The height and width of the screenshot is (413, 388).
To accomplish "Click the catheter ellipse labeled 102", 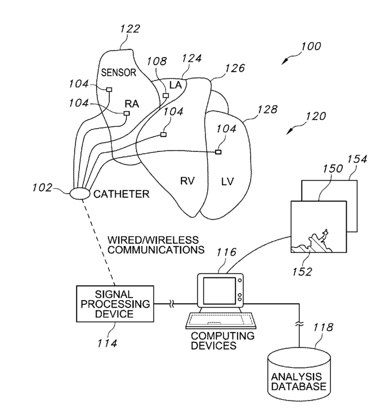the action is pos(80,194).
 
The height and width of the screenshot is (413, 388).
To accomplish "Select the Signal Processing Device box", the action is pos(115,304).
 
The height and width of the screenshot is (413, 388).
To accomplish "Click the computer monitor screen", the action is pos(219,290).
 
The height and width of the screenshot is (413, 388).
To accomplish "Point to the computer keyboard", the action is pos(221,320).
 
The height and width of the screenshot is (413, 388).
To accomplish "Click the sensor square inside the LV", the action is pos(218,152).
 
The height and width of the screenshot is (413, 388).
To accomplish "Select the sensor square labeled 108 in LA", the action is pos(166,96).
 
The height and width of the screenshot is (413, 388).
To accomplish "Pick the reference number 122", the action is pos(130,29).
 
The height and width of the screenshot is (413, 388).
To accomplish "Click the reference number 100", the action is pos(311,46).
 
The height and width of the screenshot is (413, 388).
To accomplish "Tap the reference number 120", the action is pos(316,116).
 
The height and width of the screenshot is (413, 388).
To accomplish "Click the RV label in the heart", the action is pos(187,181).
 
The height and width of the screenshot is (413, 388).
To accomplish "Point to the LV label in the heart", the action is pos(227,181).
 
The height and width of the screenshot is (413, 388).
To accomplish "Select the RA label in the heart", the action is pos(132,104).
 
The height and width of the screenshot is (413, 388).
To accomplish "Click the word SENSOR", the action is pos(118,72).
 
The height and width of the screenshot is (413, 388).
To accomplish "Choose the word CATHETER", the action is pos(121,194).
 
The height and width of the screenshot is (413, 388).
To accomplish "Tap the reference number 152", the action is pos(302,271).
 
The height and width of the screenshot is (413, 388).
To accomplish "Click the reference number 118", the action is pos(323,327).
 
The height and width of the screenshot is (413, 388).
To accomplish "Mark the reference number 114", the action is pos(107,344).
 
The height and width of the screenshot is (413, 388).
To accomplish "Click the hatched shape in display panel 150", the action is pos(312,243).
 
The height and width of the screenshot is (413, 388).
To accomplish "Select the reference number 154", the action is pos(357,159).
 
